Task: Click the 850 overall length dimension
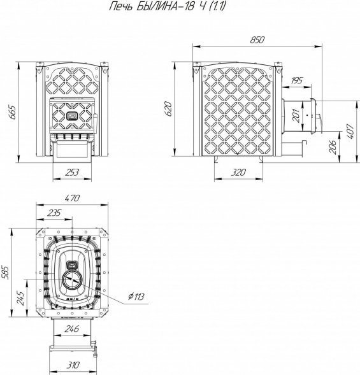coord(257,39)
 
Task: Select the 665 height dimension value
coord(12,112)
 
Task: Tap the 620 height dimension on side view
coord(168,109)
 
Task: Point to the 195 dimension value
coord(296,81)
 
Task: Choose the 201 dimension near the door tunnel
coord(296,116)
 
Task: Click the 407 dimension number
coord(350,131)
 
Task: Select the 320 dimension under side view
coord(238,172)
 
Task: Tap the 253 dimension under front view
coord(72,172)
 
